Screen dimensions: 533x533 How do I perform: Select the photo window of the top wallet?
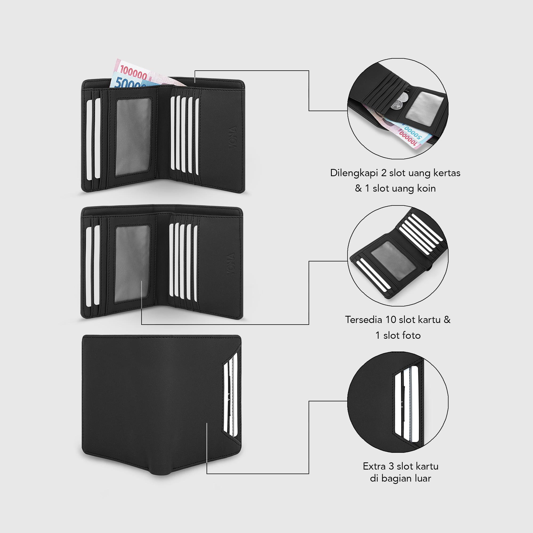pos(134,137)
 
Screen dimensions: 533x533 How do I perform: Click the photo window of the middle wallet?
pos(132,264)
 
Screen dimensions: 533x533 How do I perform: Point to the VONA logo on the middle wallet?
pos(231,264)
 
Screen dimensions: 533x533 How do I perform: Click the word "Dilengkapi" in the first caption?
pos(354,173)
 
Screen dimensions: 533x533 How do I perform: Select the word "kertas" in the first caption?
pos(447,173)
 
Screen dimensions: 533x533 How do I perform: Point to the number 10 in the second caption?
pos(391,320)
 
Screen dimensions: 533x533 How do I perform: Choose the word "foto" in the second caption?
pos(411,336)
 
